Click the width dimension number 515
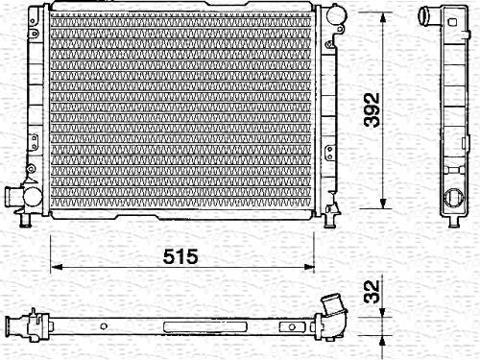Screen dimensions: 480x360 [180, 256]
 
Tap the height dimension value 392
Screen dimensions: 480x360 [372, 109]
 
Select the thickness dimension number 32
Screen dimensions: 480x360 [372, 292]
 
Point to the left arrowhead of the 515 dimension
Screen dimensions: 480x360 [56, 267]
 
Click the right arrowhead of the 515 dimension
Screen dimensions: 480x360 [308, 267]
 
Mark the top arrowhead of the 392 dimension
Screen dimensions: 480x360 [383, 17]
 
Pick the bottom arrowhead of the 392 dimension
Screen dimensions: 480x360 [383, 204]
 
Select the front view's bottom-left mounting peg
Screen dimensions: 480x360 [25, 220]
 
